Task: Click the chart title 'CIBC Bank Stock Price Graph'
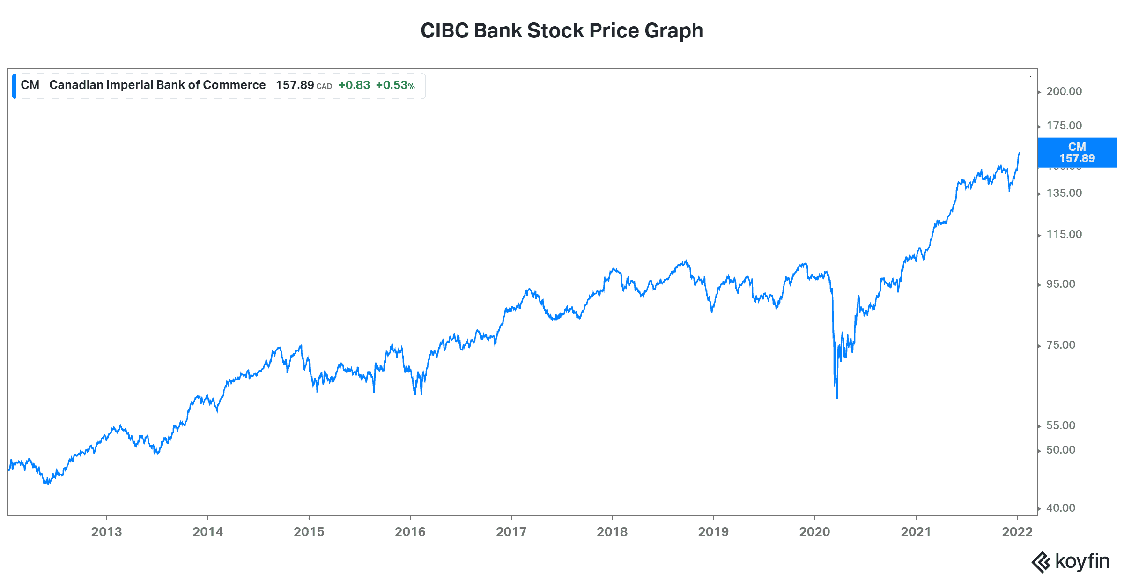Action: [562, 31]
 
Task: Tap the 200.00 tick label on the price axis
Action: [1064, 91]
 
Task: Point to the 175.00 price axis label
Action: [1064, 126]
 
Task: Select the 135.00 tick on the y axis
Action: [1064, 193]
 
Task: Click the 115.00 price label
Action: [1064, 234]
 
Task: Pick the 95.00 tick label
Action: [1061, 284]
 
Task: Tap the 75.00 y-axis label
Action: [1061, 345]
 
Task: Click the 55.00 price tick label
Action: [1061, 425]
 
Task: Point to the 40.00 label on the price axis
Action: [1061, 508]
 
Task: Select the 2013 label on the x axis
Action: [106, 532]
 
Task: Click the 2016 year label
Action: [410, 532]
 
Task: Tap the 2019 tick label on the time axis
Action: [713, 532]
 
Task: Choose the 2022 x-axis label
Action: [1017, 532]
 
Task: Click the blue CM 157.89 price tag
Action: [1077, 153]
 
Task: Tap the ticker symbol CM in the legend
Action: [30, 85]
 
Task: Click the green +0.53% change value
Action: [395, 85]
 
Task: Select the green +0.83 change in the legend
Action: [354, 85]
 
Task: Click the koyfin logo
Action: [1071, 561]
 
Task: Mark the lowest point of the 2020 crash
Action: [837, 398]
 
